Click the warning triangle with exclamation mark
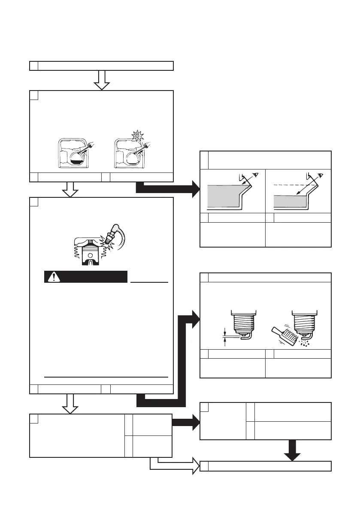tap(54, 277)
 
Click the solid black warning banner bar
tap(86, 277)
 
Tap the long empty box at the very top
tap(102, 66)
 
